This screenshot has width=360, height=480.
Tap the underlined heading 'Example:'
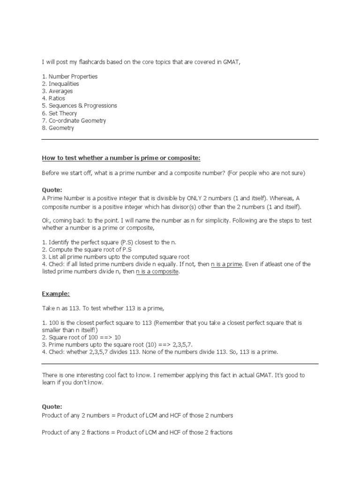coord(56,293)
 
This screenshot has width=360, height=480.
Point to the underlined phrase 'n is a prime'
coord(227,264)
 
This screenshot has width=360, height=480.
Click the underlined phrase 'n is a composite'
coord(157,272)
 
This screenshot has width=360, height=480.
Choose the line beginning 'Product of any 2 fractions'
coord(137,432)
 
